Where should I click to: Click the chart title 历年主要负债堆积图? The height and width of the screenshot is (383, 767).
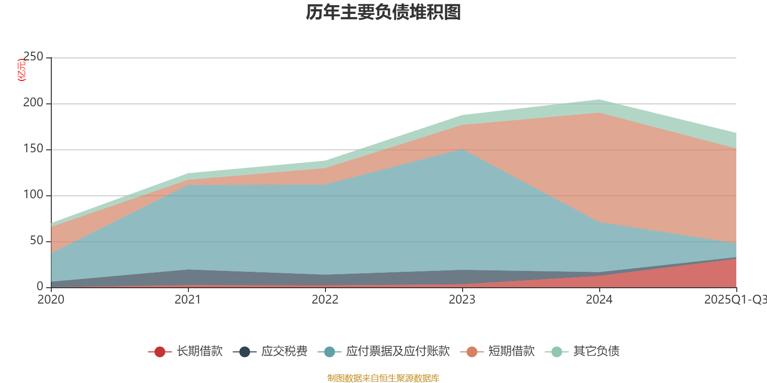tap(383, 13)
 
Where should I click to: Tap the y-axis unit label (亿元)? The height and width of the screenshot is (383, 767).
tap(22, 70)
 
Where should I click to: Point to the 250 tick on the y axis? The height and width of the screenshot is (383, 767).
tap(33, 57)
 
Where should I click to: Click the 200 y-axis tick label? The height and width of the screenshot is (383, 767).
tap(33, 103)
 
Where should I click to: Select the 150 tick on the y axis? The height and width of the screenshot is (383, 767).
tap(33, 149)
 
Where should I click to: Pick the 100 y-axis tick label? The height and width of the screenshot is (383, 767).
tap(33, 195)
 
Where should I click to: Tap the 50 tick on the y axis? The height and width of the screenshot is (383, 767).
tap(36, 241)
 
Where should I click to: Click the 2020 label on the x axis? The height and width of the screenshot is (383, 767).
tap(51, 300)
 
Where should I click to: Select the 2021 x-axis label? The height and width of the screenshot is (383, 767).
tap(188, 300)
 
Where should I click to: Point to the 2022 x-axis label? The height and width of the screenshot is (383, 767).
tap(325, 300)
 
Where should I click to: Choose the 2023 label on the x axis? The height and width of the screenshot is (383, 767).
tap(462, 300)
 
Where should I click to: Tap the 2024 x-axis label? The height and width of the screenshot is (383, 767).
tap(599, 300)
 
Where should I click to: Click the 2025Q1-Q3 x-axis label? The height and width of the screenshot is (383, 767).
tap(735, 300)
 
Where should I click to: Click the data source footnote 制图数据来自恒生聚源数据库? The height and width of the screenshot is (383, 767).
tap(383, 378)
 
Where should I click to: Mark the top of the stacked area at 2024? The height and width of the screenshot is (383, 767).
tap(599, 100)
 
